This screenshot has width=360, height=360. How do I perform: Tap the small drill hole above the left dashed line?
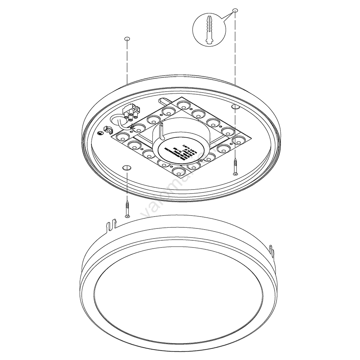tap(127, 38)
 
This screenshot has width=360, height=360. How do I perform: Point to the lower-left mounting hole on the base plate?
tap(127, 168)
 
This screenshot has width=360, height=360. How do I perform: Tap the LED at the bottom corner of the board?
tap(179, 172)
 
